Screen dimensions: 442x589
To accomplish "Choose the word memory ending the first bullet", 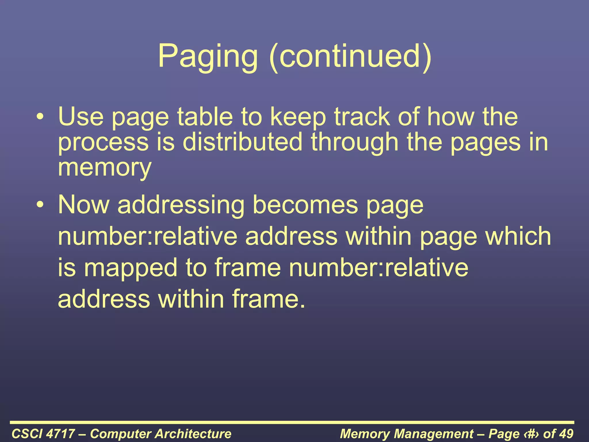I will click(x=104, y=168).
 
